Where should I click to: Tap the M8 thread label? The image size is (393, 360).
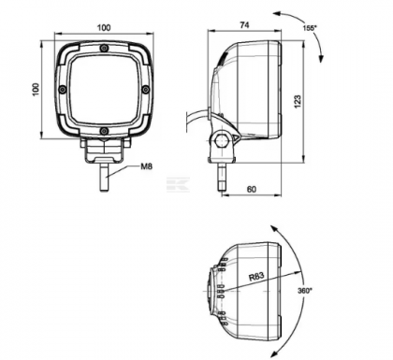tap(146, 168)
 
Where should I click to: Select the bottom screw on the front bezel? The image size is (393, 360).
tap(103, 129)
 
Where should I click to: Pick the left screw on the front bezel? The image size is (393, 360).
tap(62, 89)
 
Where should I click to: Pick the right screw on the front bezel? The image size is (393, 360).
tap(144, 89)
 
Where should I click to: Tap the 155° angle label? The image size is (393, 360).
tap(309, 28)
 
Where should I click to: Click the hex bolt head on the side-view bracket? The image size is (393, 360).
tap(223, 142)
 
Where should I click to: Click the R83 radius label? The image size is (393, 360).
tap(259, 276)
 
